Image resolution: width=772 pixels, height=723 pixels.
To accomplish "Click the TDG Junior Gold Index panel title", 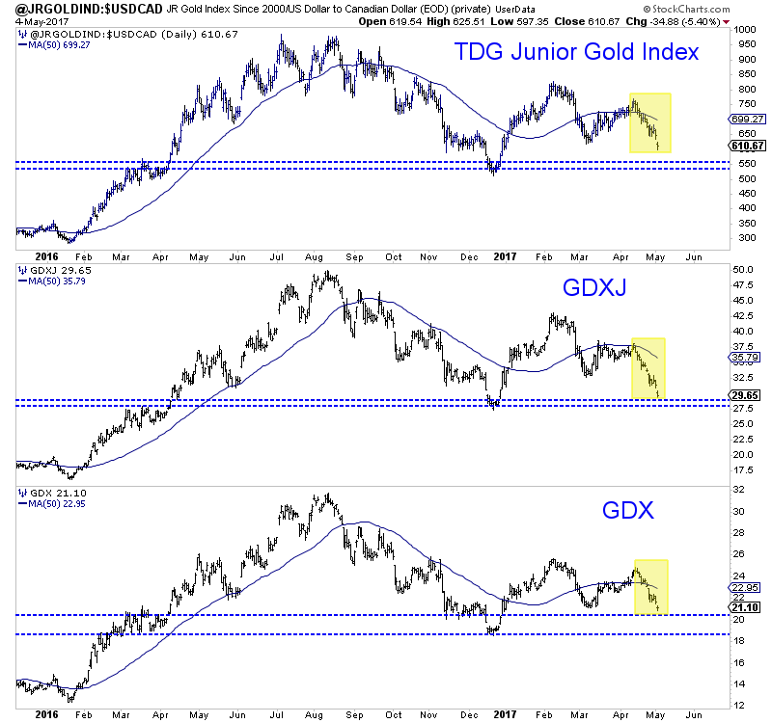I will tap(576, 52).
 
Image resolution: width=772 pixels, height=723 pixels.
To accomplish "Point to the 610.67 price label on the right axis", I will tap(749, 145).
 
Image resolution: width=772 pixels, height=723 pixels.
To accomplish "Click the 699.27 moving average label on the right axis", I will tap(749, 119).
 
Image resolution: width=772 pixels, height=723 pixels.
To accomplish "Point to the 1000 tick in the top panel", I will tap(743, 30).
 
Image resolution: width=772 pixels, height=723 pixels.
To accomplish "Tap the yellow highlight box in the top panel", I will tap(649, 122).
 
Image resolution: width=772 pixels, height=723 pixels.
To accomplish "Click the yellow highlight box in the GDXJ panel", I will tap(648, 367).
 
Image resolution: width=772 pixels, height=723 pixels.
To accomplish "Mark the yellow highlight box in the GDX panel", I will tap(651, 586).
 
